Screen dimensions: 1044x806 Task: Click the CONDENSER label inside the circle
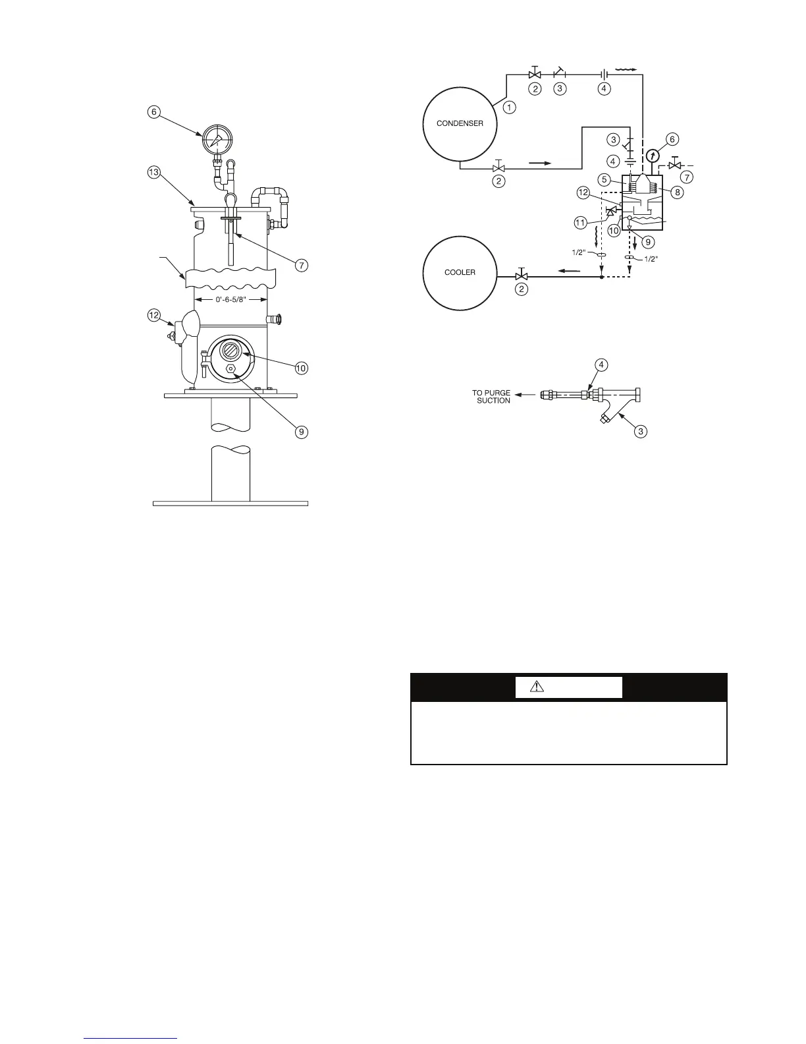click(460, 123)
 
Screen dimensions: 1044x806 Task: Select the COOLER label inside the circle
click(460, 272)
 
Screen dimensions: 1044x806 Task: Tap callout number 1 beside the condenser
click(509, 106)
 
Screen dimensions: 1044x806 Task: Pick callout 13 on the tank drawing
click(153, 173)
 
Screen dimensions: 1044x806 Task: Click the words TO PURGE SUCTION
click(491, 396)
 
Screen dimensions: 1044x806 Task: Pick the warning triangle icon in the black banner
click(539, 687)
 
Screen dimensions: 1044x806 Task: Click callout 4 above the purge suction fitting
click(601, 364)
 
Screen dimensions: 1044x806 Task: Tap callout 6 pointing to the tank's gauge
click(153, 112)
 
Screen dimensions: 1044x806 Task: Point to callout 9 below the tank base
click(301, 432)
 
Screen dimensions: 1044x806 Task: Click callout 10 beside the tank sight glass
click(301, 368)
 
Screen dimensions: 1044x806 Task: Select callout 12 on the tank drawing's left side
click(153, 316)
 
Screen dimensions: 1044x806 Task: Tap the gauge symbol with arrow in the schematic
click(652, 156)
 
